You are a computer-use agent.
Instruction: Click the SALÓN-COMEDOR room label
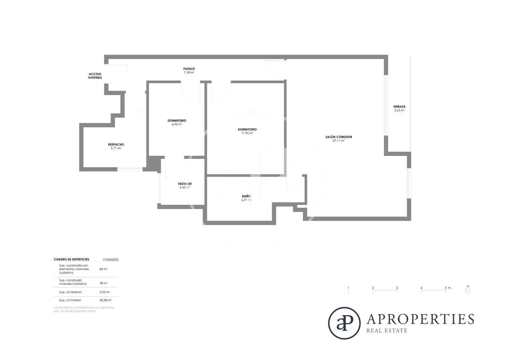338,137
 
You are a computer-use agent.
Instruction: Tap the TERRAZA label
399,107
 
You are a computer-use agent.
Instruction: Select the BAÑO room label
246,196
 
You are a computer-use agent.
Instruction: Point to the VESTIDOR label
185,184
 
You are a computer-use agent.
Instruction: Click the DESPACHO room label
116,144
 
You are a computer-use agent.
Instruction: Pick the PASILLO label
189,69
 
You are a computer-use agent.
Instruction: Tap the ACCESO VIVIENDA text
95,76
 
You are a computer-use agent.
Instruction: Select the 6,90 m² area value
177,124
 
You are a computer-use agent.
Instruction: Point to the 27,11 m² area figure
338,141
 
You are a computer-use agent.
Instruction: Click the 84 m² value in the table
103,269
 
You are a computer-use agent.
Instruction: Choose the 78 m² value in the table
103,283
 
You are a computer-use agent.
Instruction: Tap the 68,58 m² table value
105,300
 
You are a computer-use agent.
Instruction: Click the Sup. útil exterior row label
71,292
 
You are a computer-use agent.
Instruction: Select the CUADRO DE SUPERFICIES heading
71,260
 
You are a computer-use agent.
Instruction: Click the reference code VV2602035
111,260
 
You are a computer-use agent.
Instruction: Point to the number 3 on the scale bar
397,288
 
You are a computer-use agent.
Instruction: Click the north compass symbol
468,290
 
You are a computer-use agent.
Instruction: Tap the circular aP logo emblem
344,323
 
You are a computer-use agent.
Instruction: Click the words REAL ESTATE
387,331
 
